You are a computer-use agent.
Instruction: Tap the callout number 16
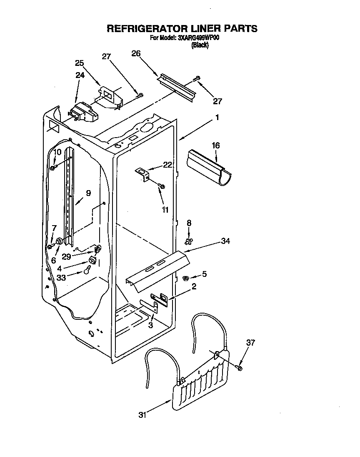click(215, 146)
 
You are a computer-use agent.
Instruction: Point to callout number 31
click(143, 415)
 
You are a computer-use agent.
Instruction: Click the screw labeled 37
click(240, 367)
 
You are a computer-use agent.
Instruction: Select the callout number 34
click(225, 241)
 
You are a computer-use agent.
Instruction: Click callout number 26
click(136, 53)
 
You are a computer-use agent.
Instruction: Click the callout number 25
click(79, 63)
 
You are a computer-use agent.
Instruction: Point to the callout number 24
click(80, 75)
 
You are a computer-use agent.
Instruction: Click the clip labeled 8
click(189, 241)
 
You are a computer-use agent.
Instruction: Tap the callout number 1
click(217, 118)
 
